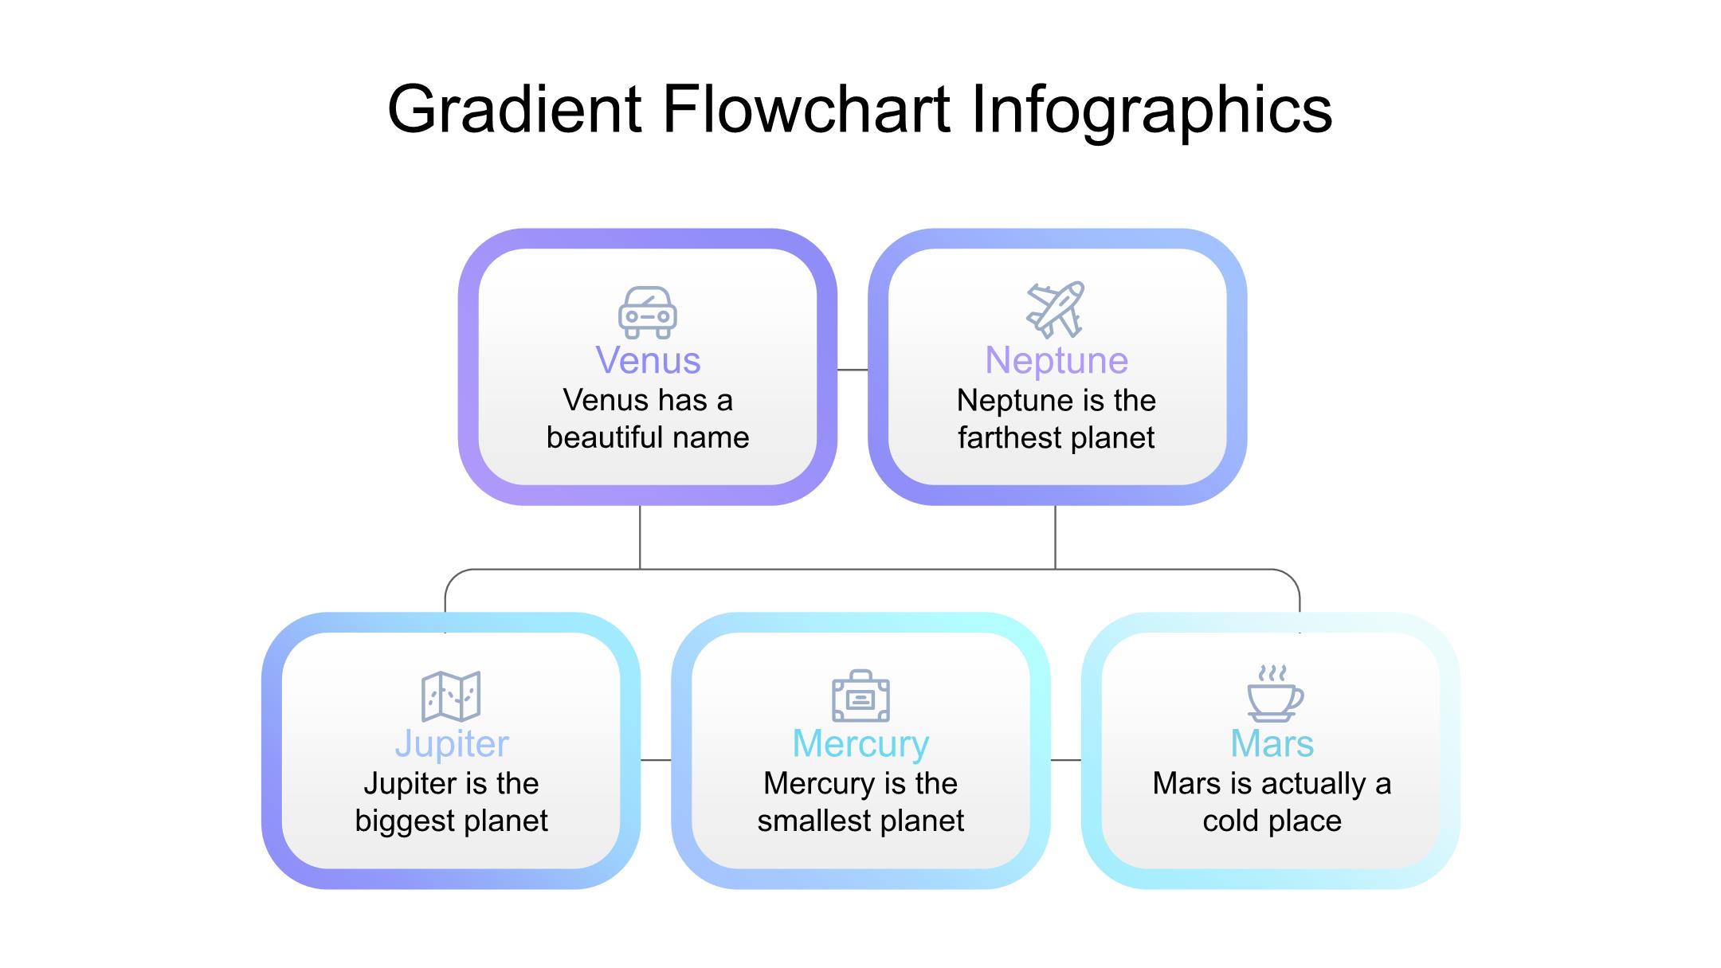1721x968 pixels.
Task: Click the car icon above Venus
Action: coord(648,312)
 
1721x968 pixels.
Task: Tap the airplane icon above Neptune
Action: coord(1056,309)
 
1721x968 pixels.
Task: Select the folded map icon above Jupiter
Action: coord(451,696)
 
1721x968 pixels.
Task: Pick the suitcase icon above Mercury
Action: coord(860,696)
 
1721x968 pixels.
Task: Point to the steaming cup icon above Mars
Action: coord(1275,693)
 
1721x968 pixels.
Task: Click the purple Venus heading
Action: coord(648,360)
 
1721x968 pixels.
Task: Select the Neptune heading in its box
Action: coord(1057,361)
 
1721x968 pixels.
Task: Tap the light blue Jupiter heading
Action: coord(452,744)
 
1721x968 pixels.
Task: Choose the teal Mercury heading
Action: coord(860,744)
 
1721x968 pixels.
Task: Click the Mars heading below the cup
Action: coord(1272,743)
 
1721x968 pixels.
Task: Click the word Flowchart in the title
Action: coord(806,109)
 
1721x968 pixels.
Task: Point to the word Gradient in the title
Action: coord(515,109)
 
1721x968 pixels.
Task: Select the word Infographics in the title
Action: coord(1152,112)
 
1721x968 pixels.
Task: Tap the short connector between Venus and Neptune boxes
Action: coord(853,370)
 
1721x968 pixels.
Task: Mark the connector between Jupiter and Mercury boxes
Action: coord(656,760)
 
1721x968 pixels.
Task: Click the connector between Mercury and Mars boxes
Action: coord(1066,760)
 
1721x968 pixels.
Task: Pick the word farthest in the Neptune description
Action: coord(1008,437)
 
